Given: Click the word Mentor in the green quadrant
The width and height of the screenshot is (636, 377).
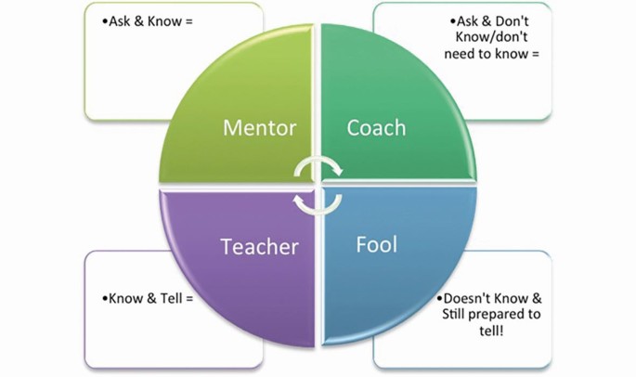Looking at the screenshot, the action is coord(259,127).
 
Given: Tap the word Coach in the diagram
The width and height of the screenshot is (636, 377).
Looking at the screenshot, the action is coord(376,127).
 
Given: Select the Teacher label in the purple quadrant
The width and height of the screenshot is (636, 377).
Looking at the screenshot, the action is coord(259,247).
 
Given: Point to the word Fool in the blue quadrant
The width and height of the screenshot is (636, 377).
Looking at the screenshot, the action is coord(376,245).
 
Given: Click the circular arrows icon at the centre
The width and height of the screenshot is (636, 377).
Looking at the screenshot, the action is coord(318,185).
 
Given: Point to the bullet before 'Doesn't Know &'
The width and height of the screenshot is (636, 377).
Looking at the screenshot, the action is coord(439,300).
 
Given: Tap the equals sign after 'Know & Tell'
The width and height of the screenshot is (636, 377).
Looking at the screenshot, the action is coord(188,299).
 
